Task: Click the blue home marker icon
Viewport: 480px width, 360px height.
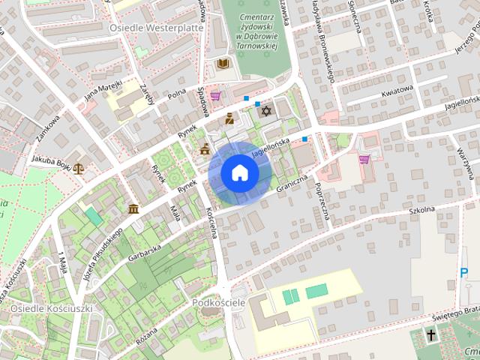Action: pos(240,173)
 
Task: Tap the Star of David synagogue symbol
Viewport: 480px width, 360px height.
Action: pos(264,111)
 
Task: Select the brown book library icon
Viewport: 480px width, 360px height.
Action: pos(222,64)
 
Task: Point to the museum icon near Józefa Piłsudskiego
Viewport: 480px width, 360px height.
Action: pos(133,208)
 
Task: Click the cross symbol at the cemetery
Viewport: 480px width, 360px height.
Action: pos(432,335)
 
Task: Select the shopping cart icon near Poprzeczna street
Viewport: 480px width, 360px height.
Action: pos(364,159)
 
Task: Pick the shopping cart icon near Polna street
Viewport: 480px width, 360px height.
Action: pos(215,96)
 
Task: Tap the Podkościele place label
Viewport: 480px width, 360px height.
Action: pos(219,301)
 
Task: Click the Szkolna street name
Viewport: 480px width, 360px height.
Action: pos(422,211)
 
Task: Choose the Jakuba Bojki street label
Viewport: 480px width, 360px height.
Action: pos(51,160)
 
